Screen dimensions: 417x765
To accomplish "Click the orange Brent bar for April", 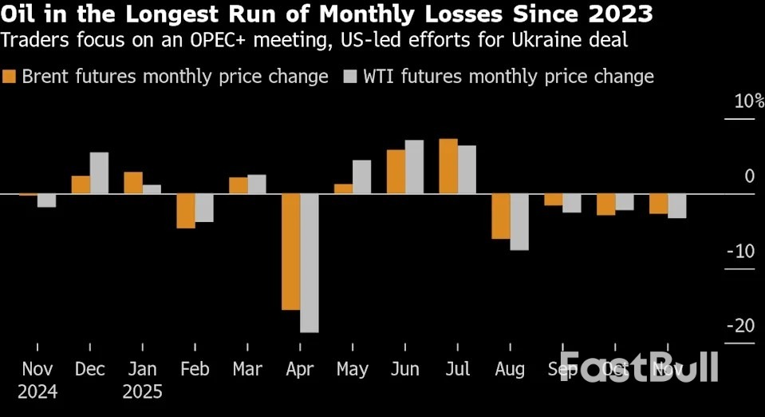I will (x=291, y=252).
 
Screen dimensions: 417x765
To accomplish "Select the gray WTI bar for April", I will (x=310, y=263).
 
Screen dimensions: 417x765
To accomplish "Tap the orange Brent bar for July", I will (x=448, y=166).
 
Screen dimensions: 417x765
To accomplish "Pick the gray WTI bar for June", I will (x=414, y=167).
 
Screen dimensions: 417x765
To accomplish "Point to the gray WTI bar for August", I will (x=519, y=222).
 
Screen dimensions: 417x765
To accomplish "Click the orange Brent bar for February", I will (x=186, y=211).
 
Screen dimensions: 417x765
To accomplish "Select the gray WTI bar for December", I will (x=99, y=173).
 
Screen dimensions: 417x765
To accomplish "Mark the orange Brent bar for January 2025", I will (x=133, y=183).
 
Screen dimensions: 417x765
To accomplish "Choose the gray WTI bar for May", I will (x=361, y=177).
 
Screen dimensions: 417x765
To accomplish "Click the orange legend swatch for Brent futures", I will (x=10, y=77).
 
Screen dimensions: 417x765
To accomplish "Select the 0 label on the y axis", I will (x=749, y=176).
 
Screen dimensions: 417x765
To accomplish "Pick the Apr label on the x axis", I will (x=300, y=370).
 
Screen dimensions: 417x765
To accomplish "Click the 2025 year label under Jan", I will (x=143, y=392).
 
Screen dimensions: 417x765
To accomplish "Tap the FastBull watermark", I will (x=639, y=366).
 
